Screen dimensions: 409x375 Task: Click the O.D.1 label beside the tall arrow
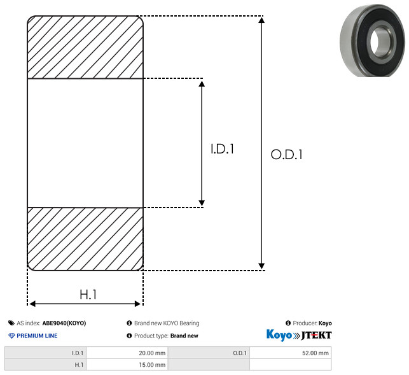click(x=286, y=154)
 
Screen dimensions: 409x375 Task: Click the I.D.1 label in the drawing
click(x=222, y=149)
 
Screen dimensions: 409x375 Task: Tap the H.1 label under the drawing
click(x=88, y=295)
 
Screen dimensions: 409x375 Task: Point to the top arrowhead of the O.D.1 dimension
click(x=261, y=20)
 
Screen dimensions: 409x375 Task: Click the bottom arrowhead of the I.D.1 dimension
click(x=202, y=203)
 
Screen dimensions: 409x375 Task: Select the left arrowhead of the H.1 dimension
click(x=32, y=304)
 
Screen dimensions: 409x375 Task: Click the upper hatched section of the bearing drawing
click(x=85, y=47)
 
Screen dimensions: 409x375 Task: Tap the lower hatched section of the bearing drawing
click(x=85, y=239)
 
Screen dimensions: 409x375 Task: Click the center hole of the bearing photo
click(x=380, y=42)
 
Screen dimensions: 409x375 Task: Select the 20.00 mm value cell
click(x=127, y=353)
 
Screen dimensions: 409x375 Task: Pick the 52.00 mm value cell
click(x=290, y=353)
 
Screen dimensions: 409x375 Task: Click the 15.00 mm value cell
click(x=127, y=365)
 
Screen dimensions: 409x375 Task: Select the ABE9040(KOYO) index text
click(x=64, y=323)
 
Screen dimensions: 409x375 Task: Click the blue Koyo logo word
click(x=279, y=335)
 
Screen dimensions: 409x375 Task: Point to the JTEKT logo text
click(x=316, y=336)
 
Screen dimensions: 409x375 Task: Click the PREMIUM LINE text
click(x=37, y=336)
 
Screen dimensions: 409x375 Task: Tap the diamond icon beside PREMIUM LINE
click(x=11, y=336)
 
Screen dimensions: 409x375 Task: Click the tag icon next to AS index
click(x=11, y=323)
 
